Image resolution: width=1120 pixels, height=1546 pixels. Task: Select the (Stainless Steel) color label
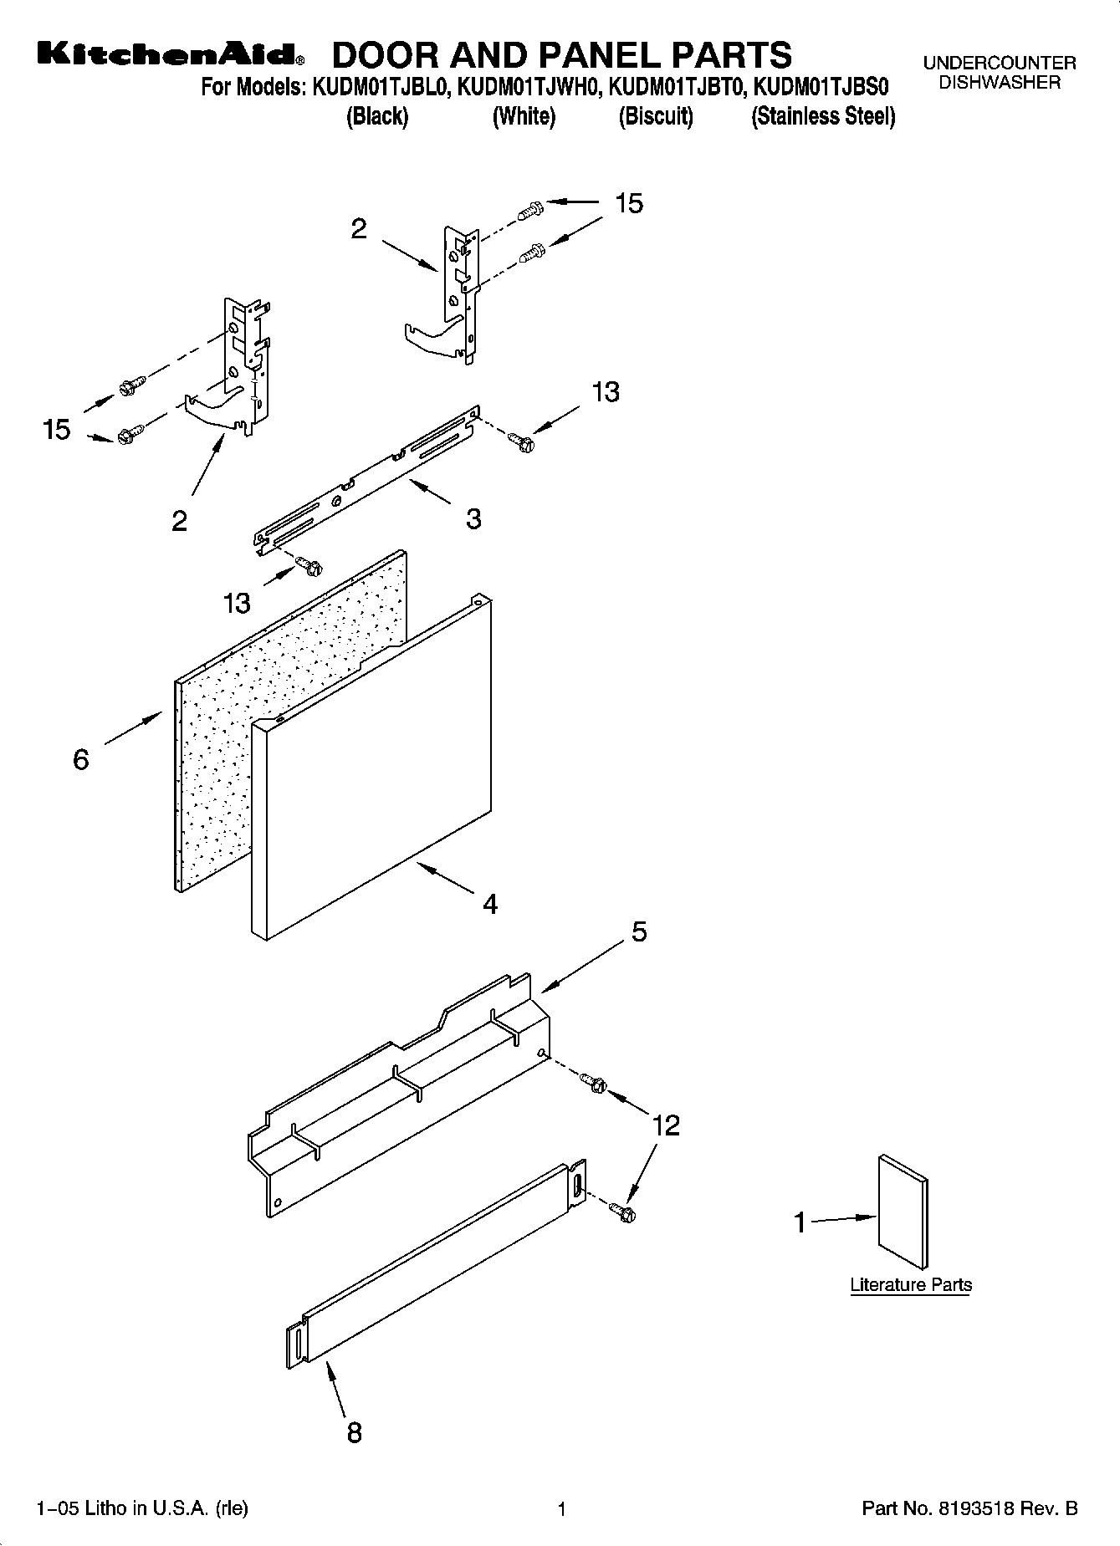823,116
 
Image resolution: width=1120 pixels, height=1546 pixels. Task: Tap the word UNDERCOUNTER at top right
999,63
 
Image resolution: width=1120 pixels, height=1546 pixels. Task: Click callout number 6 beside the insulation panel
81,759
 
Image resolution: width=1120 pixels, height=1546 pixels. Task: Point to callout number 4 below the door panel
490,904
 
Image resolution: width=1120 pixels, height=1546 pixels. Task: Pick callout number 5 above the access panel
639,931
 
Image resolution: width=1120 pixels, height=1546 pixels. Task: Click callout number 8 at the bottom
355,1433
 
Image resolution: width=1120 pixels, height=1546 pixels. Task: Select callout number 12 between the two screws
666,1125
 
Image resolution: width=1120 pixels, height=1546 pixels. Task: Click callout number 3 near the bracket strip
473,519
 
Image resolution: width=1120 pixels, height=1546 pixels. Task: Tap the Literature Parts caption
911,1285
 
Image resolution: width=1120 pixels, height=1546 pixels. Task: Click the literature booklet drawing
903,1212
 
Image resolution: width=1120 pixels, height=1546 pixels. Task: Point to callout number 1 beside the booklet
800,1223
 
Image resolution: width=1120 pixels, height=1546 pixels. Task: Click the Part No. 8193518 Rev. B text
969,1509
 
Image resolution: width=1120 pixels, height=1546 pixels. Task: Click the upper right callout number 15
629,203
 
